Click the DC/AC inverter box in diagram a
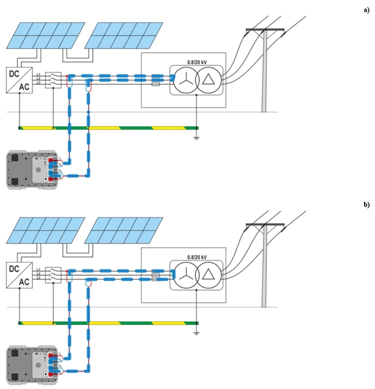point(19,80)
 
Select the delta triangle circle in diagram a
point(209,80)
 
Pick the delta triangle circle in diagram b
point(209,275)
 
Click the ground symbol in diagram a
point(196,137)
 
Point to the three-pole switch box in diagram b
point(53,275)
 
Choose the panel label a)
point(366,10)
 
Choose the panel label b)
point(366,204)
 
